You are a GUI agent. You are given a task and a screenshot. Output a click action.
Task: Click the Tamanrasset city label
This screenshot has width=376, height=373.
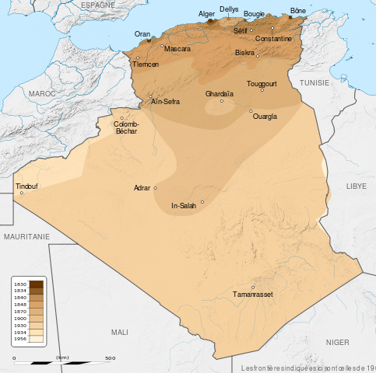tap(253, 295)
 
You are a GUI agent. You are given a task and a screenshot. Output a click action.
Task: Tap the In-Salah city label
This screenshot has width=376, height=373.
tap(184, 206)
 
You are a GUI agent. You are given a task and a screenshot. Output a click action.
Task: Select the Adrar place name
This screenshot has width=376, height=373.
tap(142, 188)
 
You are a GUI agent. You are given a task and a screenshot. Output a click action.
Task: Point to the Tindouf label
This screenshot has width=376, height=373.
tap(26, 186)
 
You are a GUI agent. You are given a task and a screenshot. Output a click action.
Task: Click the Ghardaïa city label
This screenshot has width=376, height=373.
tap(220, 94)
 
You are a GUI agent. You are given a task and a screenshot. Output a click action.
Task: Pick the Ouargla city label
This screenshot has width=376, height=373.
tap(265, 117)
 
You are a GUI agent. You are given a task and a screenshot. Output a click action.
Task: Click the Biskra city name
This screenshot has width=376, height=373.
tap(244, 53)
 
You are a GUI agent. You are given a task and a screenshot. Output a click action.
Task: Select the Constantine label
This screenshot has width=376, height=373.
tap(273, 38)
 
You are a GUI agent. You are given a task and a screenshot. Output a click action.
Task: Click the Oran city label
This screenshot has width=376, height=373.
tap(142, 34)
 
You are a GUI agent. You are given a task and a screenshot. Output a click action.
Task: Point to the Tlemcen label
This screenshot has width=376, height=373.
tap(146, 64)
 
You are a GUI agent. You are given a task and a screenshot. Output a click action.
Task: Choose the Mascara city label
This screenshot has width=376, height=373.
tap(177, 49)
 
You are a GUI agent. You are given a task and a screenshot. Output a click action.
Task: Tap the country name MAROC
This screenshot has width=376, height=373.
tap(42, 92)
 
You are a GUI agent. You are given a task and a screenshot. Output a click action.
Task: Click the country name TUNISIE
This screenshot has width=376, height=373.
tap(315, 82)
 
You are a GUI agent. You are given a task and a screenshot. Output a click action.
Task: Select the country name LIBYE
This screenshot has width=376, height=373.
tap(357, 186)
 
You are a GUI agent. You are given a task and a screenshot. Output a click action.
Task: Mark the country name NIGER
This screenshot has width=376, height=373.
tap(337, 342)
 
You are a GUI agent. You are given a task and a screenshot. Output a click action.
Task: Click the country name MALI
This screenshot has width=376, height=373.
tap(119, 332)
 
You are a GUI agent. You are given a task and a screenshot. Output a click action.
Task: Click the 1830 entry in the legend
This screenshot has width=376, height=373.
tap(21, 285)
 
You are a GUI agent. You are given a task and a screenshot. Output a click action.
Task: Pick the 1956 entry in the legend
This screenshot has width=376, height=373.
tap(21, 340)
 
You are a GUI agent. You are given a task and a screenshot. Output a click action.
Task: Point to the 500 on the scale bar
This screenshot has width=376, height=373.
tap(110, 358)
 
